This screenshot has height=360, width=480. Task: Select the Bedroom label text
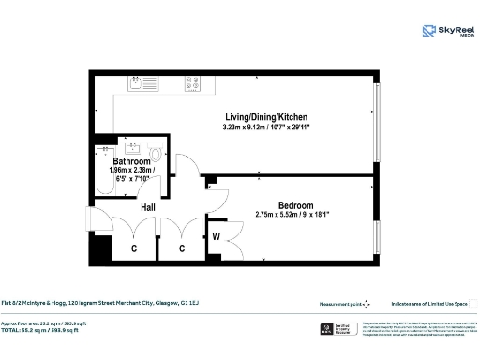tap(294, 204)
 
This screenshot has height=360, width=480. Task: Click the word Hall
tap(147, 206)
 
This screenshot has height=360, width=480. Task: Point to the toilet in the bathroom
tap(156, 152)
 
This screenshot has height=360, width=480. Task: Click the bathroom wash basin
tap(132, 147)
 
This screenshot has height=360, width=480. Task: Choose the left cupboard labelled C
tap(134, 247)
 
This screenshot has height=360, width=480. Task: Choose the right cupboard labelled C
tap(182, 247)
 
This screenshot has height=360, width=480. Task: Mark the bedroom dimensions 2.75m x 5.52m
tap(294, 215)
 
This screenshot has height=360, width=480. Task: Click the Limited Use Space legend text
tap(429, 304)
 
